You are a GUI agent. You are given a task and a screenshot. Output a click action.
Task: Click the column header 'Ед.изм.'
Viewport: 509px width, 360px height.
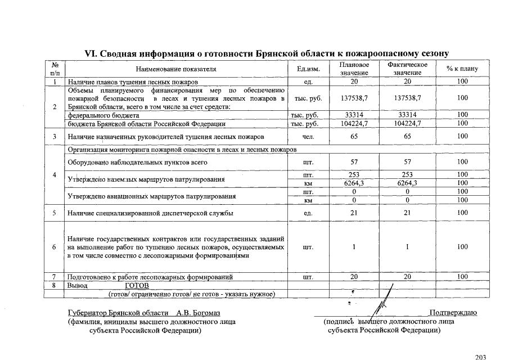[x=308, y=69]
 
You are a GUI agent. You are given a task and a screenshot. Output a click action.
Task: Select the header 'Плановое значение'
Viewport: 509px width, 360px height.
[x=354, y=69]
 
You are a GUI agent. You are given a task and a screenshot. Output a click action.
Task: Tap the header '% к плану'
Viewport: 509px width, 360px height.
[x=462, y=69]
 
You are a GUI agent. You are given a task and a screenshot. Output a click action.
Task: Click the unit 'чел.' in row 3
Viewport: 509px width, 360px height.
[x=308, y=137]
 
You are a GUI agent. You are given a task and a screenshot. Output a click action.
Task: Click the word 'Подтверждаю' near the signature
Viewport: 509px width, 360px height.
[x=453, y=313]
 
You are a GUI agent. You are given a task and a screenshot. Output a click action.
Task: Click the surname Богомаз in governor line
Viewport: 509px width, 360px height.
[x=208, y=313]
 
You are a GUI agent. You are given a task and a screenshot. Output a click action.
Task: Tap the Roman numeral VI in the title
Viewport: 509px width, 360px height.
[x=91, y=53]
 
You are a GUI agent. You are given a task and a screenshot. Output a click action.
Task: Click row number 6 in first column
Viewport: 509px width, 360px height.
[x=55, y=247]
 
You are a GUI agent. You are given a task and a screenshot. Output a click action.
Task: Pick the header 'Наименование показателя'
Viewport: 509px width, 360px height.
[x=175, y=69]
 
